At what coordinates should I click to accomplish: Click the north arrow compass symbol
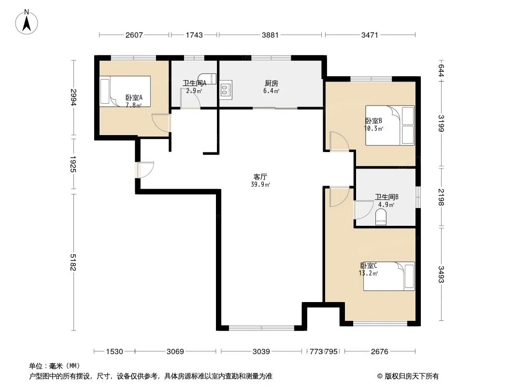click(x=27, y=22)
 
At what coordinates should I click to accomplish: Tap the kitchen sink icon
click(x=226, y=90)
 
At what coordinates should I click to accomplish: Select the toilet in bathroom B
click(x=381, y=218)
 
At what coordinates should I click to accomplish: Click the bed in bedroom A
click(x=125, y=92)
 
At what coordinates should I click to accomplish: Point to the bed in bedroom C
click(x=389, y=276)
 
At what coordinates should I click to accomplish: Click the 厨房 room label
click(x=272, y=83)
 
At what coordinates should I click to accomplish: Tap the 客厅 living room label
click(x=260, y=177)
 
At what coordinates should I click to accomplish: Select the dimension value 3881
click(x=270, y=35)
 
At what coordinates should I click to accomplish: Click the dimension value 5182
click(x=73, y=262)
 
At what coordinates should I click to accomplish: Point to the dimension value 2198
click(x=441, y=197)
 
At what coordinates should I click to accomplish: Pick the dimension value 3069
click(x=175, y=352)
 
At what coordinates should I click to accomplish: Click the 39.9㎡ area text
click(x=260, y=185)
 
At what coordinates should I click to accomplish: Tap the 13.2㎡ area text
click(x=368, y=273)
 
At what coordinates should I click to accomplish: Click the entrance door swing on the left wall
click(x=145, y=170)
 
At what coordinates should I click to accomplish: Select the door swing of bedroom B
click(x=339, y=141)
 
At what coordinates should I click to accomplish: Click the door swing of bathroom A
click(x=190, y=98)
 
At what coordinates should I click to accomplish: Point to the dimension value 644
click(x=441, y=70)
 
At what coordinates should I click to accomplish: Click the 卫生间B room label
click(x=386, y=197)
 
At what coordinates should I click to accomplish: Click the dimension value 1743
click(x=194, y=35)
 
